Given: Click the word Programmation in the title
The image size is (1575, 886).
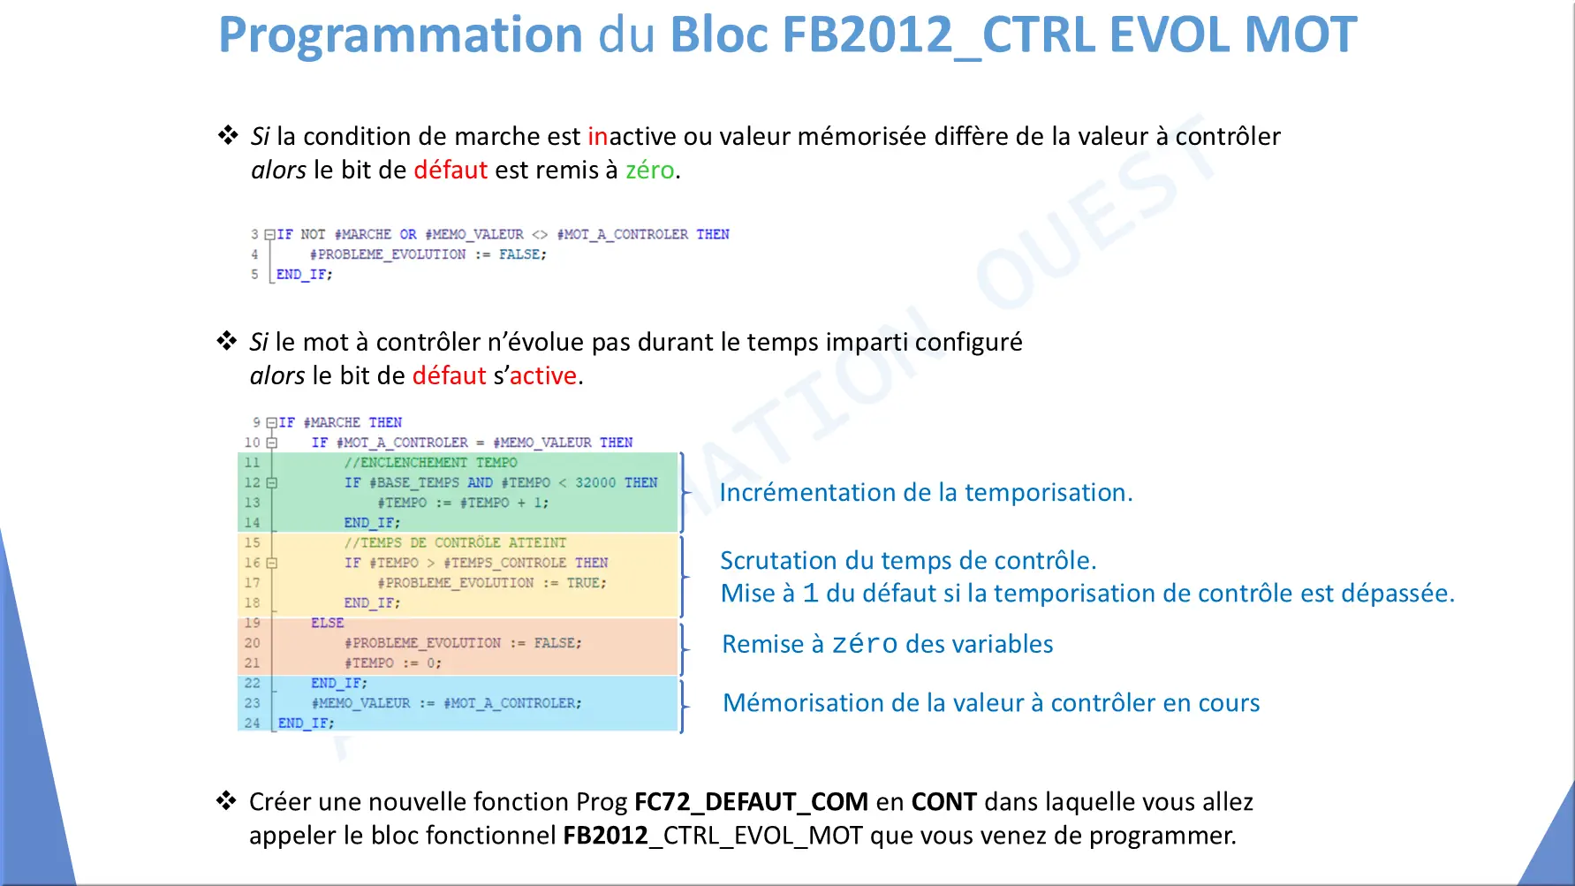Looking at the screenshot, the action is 400,36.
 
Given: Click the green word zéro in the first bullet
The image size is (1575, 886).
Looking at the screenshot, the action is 649,170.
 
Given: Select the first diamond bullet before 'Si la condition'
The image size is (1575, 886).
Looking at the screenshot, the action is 228,135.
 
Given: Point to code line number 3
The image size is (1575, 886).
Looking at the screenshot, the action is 254,234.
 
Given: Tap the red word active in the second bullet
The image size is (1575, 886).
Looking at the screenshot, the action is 543,375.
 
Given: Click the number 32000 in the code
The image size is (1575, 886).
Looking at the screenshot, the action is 595,482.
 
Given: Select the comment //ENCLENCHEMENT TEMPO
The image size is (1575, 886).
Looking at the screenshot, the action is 431,462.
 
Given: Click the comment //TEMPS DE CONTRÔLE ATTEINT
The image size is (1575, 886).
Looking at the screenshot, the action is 456,542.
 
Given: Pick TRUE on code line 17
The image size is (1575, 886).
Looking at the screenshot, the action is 584,583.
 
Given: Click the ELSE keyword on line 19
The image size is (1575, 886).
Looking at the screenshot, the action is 327,623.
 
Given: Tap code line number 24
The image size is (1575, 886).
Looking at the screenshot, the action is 252,723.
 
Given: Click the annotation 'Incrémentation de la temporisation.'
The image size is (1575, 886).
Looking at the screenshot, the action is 926,492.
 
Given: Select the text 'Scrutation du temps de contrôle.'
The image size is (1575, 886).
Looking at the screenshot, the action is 908,560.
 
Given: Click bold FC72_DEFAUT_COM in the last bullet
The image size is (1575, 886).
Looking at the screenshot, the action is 751,802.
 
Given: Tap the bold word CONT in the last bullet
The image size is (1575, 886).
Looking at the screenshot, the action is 943,801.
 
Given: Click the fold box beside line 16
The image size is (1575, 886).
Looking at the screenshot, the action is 272,563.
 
